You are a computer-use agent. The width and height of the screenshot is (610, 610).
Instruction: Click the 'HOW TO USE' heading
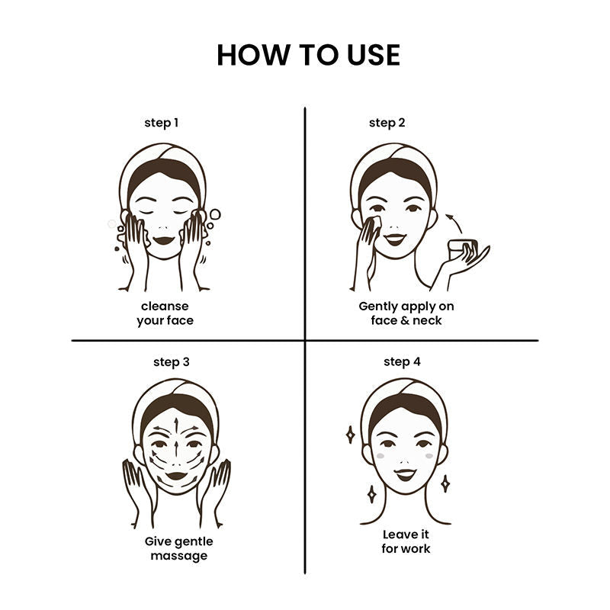(309, 55)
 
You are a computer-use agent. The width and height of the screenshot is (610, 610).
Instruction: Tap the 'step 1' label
(162, 123)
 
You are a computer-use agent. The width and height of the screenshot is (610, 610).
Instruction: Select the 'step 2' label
(387, 123)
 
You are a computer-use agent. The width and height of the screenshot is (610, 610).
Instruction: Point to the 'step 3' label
(172, 362)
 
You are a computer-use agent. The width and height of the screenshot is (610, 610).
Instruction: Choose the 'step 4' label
(403, 362)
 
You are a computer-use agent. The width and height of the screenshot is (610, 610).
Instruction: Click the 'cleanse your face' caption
(165, 313)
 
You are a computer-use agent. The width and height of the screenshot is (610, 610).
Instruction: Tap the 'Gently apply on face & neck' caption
(406, 313)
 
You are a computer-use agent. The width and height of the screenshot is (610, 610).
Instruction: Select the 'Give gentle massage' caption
(179, 548)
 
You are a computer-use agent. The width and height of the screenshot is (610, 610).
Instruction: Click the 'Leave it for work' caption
(406, 541)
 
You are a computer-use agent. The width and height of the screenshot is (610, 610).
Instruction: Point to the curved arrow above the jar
(454, 222)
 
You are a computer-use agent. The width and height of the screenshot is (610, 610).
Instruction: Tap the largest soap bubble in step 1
(215, 214)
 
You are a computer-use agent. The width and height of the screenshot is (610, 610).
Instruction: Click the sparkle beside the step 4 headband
(350, 435)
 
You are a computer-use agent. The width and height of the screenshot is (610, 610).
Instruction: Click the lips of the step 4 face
(405, 474)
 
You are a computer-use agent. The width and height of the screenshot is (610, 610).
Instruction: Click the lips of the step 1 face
(163, 240)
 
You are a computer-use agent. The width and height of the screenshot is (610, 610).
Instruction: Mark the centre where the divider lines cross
(305, 340)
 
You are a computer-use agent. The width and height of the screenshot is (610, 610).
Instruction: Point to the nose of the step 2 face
(394, 226)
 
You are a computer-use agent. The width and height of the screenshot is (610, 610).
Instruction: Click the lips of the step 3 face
(177, 475)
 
